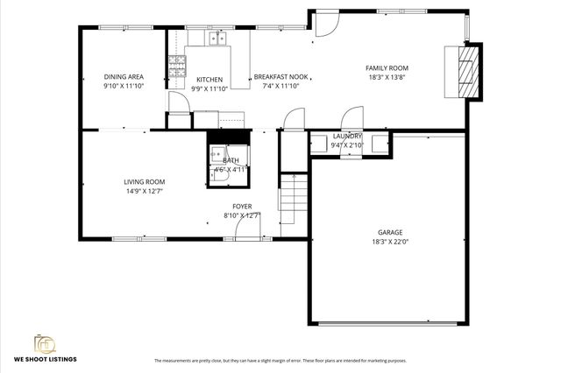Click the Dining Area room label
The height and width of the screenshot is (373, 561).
(124, 77)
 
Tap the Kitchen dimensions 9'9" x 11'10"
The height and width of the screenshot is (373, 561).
(209, 88)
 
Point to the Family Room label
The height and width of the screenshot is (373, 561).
(387, 67)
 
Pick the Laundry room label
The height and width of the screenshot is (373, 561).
(347, 137)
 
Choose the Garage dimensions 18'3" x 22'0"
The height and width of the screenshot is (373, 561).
(387, 242)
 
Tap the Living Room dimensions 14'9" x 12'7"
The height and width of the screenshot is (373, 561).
(144, 191)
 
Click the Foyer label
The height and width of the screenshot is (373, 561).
(242, 206)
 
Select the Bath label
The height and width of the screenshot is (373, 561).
(231, 160)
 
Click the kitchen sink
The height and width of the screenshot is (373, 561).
(218, 38)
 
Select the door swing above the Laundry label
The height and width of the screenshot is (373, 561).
(351, 118)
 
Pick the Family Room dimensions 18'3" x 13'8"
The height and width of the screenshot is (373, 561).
(387, 77)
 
